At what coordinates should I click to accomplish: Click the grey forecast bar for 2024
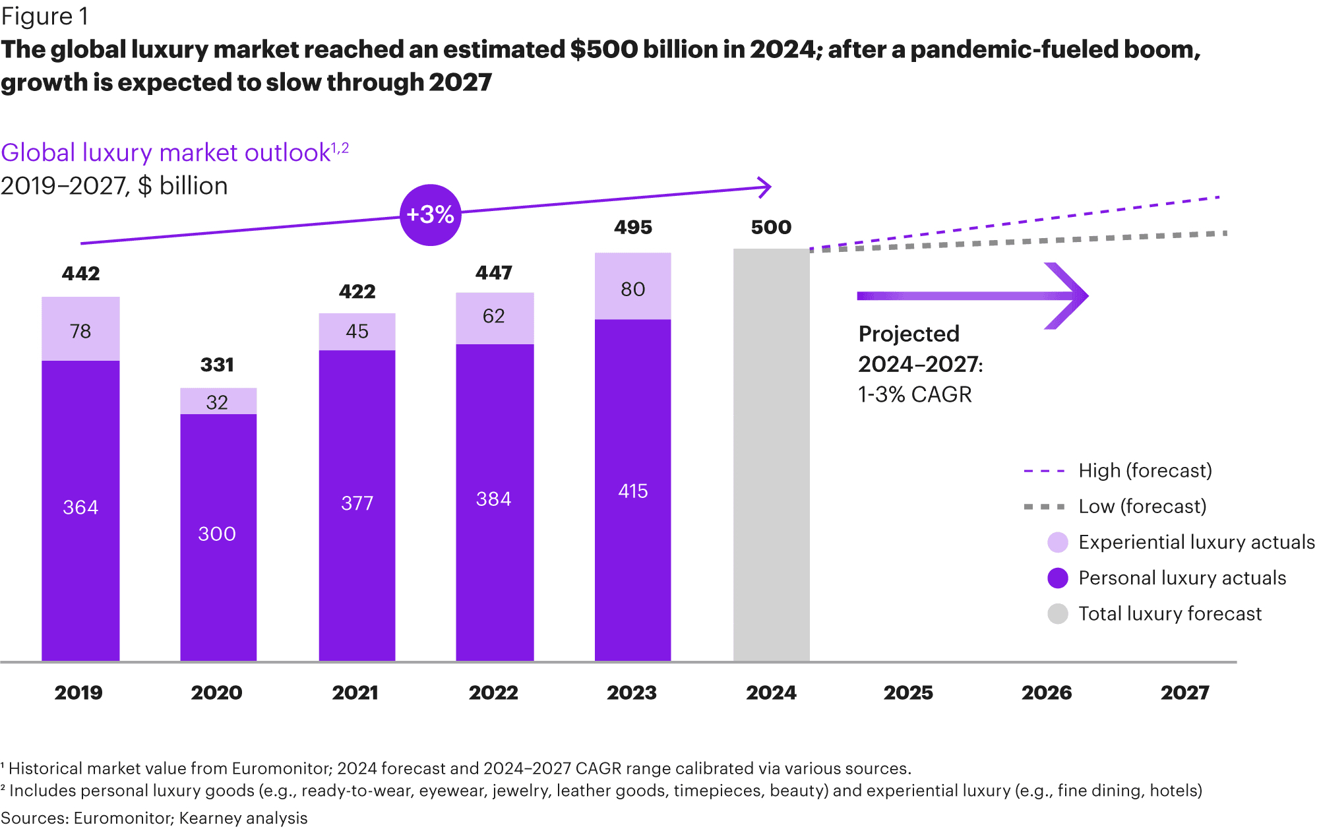pyautogui.click(x=771, y=455)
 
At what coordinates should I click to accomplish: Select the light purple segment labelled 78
pyautogui.click(x=80, y=329)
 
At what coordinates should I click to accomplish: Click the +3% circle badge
pyautogui.click(x=430, y=215)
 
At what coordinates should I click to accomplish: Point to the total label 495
pyautogui.click(x=632, y=228)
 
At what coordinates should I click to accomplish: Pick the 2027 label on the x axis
pyautogui.click(x=1184, y=692)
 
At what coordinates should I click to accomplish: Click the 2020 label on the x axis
pyautogui.click(x=216, y=692)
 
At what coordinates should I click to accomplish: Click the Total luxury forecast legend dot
pyautogui.click(x=1058, y=614)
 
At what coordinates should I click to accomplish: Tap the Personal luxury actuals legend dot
pyautogui.click(x=1058, y=578)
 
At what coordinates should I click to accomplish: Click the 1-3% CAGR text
pyautogui.click(x=915, y=394)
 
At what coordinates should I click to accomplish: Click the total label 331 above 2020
pyautogui.click(x=217, y=365)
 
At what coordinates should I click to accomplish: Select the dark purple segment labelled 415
pyautogui.click(x=632, y=490)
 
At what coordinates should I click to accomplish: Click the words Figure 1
pyautogui.click(x=45, y=16)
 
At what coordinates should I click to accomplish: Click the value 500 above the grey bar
pyautogui.click(x=771, y=228)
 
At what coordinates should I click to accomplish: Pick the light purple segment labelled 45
pyautogui.click(x=357, y=332)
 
